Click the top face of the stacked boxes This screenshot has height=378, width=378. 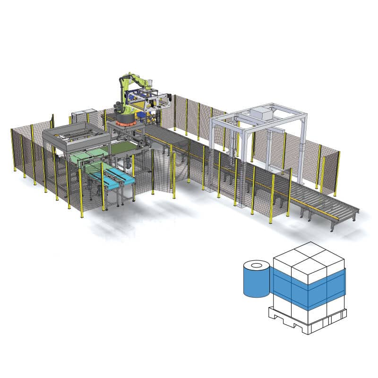point(309,255)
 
